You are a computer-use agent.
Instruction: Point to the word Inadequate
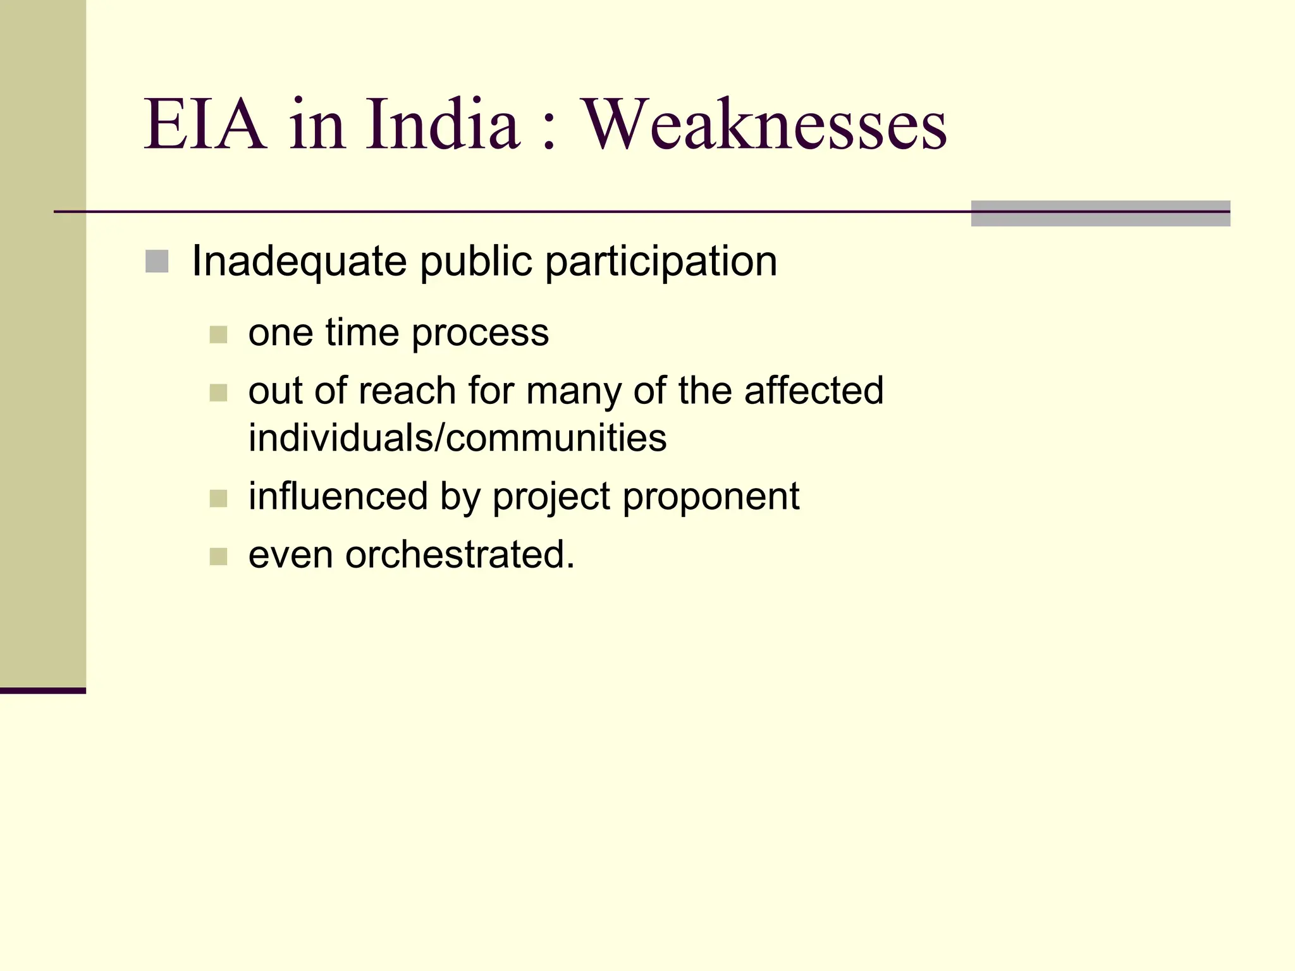298,261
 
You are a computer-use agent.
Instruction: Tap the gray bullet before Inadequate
157,262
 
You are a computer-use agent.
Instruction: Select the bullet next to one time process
218,334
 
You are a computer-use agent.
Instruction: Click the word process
481,333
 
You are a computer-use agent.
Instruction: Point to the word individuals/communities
457,437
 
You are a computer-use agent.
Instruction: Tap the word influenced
338,496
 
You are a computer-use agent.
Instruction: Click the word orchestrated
460,554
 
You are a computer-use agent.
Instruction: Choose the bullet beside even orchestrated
218,557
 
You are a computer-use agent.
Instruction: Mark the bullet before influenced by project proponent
218,499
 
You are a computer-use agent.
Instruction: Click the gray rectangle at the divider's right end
1100,213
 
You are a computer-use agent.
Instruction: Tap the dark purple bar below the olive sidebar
42,690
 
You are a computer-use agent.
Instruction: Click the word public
476,261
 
